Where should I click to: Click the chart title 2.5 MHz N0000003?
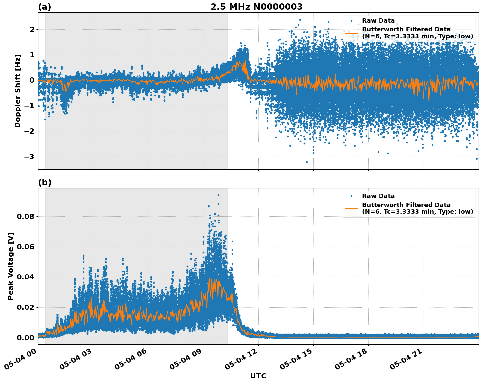tap(256, 7)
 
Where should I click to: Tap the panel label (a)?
tap(45, 7)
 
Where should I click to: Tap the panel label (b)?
tap(45, 182)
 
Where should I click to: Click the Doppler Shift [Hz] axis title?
tap(18, 91)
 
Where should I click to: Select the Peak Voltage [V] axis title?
tap(11, 266)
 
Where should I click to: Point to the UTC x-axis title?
tap(258, 376)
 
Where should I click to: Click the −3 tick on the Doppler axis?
tap(29, 157)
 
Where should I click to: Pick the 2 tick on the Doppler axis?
tap(32, 29)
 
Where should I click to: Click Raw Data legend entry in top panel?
tap(378, 21)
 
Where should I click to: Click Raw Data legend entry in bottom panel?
tap(378, 196)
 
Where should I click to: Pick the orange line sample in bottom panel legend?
tap(351, 208)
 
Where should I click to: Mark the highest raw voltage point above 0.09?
tap(218, 195)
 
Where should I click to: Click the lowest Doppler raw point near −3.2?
tap(307, 162)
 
